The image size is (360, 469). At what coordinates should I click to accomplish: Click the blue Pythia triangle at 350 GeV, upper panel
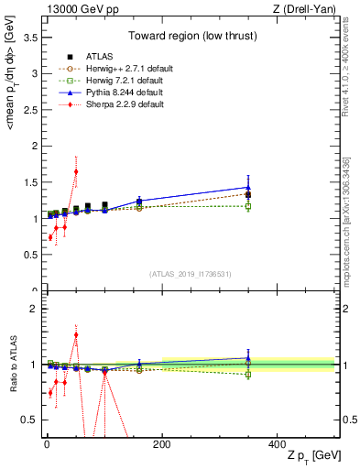coord(248,187)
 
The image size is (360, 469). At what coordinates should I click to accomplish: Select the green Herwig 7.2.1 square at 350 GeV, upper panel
coord(248,206)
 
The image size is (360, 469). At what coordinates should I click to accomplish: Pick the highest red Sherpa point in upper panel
coord(76,171)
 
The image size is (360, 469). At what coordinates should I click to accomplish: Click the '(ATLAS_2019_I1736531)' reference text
coord(191,274)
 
